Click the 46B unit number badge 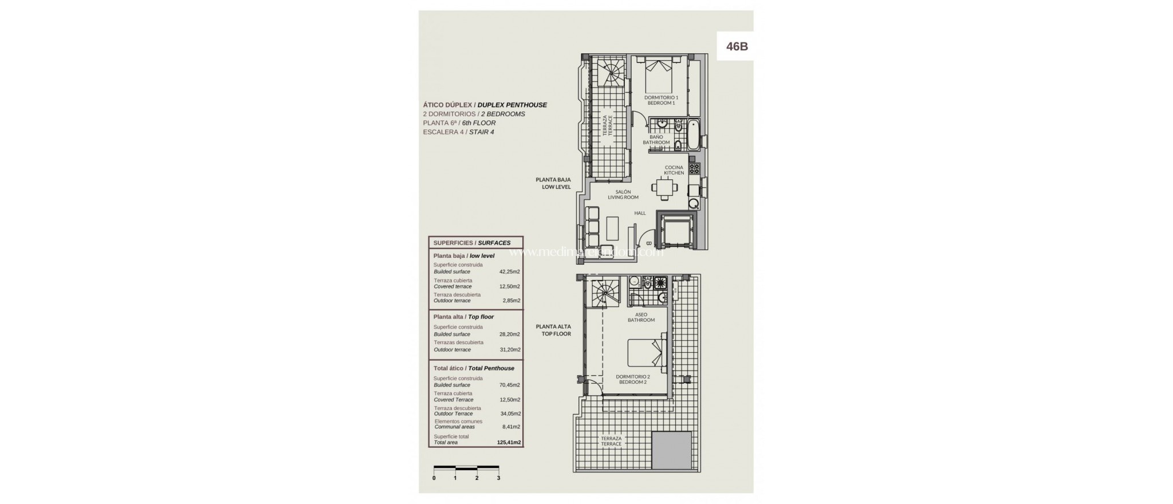pos(737,46)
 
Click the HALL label pos(640,213)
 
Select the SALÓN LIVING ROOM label pos(623,195)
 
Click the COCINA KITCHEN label pos(674,170)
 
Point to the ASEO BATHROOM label pos(641,317)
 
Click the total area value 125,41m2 pos(509,442)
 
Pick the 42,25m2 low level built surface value pos(509,271)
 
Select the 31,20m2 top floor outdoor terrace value pos(509,349)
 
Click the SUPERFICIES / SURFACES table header pos(472,243)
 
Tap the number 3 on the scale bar pos(498,478)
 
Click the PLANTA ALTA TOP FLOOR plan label pos(553,330)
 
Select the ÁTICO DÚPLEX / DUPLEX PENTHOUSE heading pos(485,105)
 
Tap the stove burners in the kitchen pos(694,168)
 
